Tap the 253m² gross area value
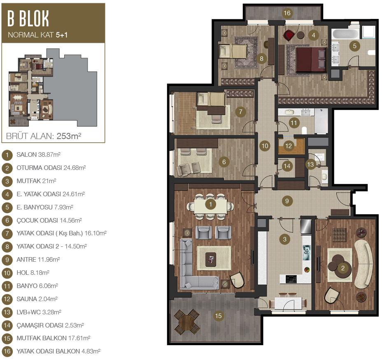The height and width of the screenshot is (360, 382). click(69, 136)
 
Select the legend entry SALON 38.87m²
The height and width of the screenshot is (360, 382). click(38, 155)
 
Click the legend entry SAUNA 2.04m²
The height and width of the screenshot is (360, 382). click(37, 299)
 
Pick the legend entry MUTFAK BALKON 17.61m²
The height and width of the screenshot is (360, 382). click(54, 338)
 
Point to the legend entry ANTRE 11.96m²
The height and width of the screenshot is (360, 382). click(38, 259)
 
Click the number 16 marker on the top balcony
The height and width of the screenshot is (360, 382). click(287, 13)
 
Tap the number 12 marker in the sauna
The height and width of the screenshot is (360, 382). click(289, 146)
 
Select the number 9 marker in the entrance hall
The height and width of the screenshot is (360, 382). click(287, 201)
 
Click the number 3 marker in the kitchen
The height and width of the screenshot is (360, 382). click(284, 239)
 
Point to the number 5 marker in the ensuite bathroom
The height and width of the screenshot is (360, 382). click(354, 46)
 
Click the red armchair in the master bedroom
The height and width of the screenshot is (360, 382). click(289, 35)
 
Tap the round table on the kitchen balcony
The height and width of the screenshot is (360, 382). click(187, 322)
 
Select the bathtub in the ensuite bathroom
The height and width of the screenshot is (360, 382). click(345, 34)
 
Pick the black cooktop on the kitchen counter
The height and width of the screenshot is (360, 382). click(291, 279)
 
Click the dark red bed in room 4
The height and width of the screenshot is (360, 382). click(311, 60)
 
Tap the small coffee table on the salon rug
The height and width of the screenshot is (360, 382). click(211, 259)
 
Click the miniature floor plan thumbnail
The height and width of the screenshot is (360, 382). click(53, 87)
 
